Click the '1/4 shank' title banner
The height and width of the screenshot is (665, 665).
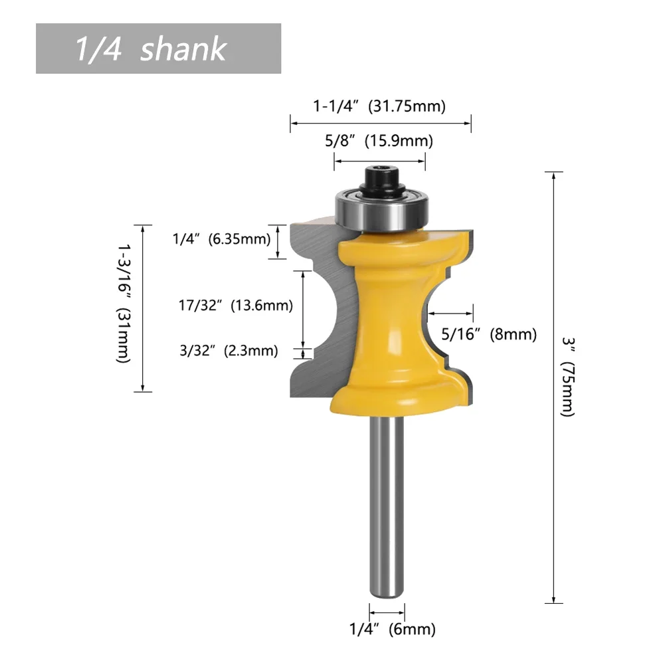tap(158, 48)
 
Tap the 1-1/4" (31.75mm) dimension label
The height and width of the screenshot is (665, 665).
tap(379, 106)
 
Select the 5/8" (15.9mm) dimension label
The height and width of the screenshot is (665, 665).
tap(379, 140)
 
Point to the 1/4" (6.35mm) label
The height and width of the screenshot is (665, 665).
tap(221, 238)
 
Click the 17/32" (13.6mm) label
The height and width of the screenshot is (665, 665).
tap(235, 306)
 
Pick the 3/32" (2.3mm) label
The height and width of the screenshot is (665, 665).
tap(229, 351)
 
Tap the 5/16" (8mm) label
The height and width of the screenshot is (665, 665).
tap(489, 334)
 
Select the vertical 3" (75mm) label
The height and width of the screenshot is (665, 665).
tap(568, 377)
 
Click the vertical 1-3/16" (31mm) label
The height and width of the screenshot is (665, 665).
tap(123, 303)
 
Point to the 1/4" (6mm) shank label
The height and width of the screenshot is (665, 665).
tap(393, 629)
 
